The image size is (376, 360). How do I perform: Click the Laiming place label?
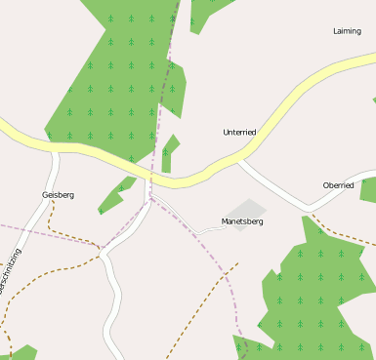click(x=347, y=31)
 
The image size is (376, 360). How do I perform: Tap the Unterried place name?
click(x=239, y=132)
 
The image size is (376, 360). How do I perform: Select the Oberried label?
click(x=338, y=185)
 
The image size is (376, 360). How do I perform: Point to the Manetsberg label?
click(x=242, y=221)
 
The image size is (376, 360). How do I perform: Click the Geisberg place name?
click(x=58, y=195)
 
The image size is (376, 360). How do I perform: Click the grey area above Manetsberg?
click(x=245, y=209)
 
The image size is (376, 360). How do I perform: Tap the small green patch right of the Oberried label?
click(x=368, y=189)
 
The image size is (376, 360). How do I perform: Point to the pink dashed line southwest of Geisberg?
click(x=39, y=231)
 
